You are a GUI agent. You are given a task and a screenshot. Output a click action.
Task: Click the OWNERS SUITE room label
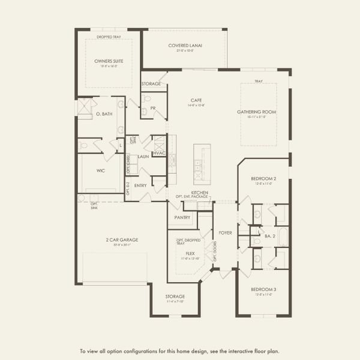tap(109, 61)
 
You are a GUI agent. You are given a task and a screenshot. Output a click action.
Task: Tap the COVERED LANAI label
tap(184, 46)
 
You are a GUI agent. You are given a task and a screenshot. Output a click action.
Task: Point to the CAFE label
tap(196, 100)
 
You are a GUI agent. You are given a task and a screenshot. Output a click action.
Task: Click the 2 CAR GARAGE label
tap(112, 239)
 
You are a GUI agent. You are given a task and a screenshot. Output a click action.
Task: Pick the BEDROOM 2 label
tap(263, 179)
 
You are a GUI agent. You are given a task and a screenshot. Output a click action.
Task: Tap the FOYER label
tap(225, 232)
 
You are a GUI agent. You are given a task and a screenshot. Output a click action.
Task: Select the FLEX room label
tap(190, 253)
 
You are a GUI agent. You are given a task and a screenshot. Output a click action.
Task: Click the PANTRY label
tap(182, 217)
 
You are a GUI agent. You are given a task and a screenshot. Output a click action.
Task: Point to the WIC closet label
tap(101, 170)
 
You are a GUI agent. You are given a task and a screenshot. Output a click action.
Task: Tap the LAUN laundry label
tap(143, 157)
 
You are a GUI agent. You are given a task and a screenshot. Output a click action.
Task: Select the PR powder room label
tap(153, 108)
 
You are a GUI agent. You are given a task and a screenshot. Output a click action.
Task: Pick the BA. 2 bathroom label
tap(270, 236)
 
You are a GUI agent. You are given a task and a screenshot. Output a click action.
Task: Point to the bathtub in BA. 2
tap(283, 236)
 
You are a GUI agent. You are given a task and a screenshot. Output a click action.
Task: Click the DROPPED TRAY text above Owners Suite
tap(109, 37)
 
